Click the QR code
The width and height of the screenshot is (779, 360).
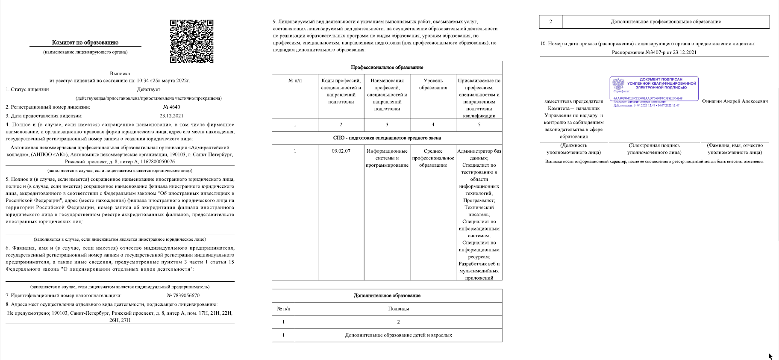191,41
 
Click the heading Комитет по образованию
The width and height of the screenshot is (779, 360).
85,42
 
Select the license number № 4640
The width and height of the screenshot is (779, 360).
172,107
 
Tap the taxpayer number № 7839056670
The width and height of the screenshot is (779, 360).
183,295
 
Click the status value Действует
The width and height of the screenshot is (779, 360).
149,89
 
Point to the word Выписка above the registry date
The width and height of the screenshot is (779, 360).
120,74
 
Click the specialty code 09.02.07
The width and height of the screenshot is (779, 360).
341,151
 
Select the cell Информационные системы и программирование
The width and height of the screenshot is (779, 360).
387,158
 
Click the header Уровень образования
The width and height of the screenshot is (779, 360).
433,84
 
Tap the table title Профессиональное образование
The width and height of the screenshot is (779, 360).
387,68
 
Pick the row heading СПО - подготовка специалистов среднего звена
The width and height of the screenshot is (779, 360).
387,138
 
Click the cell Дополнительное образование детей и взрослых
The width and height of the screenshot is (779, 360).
398,335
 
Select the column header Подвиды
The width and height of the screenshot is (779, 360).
398,309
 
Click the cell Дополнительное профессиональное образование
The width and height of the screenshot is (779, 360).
665,21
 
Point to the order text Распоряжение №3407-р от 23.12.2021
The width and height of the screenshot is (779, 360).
654,52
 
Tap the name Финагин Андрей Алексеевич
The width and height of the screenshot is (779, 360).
735,101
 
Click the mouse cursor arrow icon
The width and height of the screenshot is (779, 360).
770,356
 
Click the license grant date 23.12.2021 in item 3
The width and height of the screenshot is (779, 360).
172,115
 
